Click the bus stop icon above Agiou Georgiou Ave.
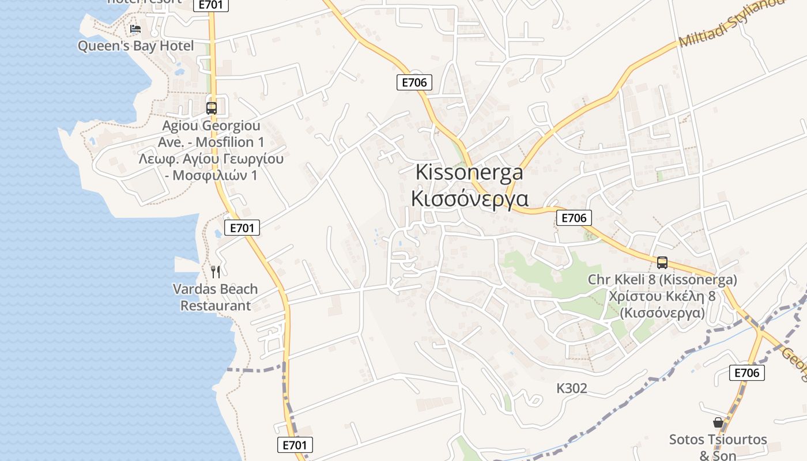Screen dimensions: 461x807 [x=211, y=108]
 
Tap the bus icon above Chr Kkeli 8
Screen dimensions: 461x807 [x=662, y=263]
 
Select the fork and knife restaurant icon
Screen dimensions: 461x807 [x=216, y=271]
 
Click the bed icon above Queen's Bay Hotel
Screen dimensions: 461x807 [x=135, y=28]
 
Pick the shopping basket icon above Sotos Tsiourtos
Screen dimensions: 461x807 [x=718, y=422]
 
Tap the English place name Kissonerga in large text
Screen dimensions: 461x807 [x=469, y=172]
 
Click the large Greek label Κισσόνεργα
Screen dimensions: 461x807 [x=469, y=198]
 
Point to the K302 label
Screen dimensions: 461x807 [x=572, y=388]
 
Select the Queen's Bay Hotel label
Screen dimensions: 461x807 [x=135, y=46]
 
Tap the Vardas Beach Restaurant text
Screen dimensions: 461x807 [x=216, y=297]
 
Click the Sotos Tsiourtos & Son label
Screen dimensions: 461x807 [x=718, y=447]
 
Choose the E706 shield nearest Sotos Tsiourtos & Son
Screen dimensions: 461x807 [x=747, y=373]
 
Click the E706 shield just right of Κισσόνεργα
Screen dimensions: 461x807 [x=574, y=218]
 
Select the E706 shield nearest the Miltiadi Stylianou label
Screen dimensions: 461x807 [x=414, y=82]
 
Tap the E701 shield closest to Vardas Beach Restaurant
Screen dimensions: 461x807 [x=242, y=228]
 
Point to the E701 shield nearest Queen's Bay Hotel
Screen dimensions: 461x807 [x=211, y=5]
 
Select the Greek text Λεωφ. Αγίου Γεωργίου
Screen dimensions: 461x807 [x=211, y=158]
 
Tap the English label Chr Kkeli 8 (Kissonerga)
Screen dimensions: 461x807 [x=662, y=279]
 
